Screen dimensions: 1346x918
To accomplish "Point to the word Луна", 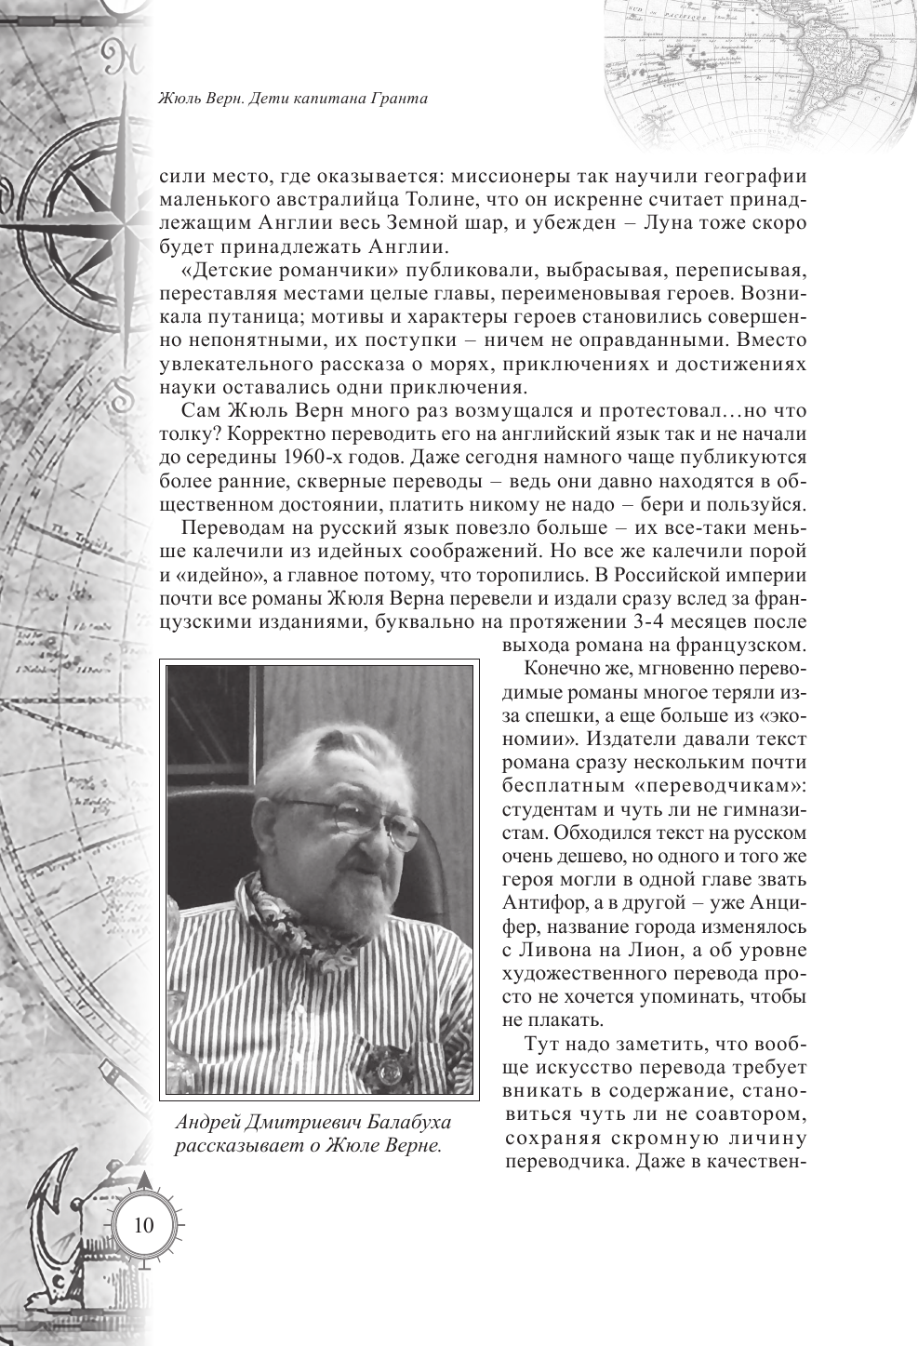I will [654, 224].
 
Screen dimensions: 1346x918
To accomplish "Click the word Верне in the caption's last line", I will [411, 1145].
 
